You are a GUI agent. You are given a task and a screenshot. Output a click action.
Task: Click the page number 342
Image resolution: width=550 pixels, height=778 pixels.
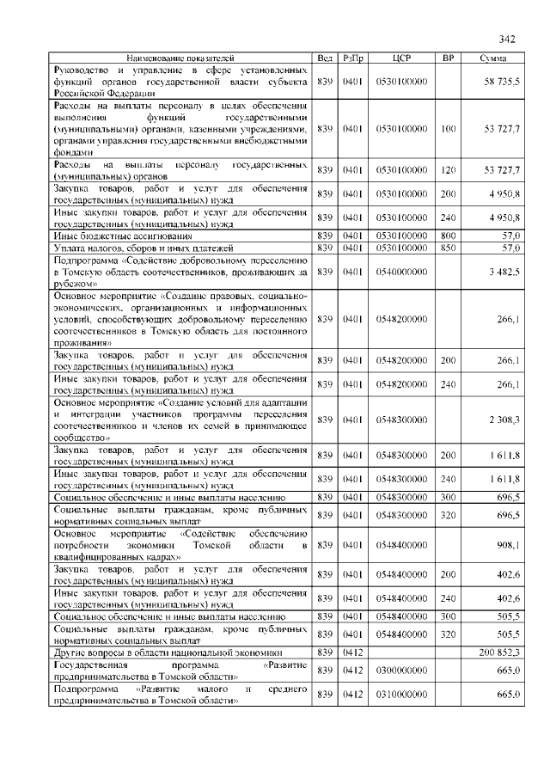click(x=506, y=39)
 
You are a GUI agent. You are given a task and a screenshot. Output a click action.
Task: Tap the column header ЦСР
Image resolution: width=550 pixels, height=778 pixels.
click(x=401, y=58)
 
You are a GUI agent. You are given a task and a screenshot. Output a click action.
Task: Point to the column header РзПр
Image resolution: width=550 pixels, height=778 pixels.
click(x=353, y=58)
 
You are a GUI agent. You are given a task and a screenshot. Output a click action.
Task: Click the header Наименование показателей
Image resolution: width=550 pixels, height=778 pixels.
click(x=180, y=58)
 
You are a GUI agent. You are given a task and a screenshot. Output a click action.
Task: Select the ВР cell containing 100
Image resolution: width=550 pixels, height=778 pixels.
click(x=447, y=128)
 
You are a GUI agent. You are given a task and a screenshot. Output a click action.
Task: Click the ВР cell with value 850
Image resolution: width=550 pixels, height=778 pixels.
click(x=447, y=248)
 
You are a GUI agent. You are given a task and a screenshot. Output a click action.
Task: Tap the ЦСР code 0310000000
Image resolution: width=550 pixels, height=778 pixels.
click(x=401, y=695)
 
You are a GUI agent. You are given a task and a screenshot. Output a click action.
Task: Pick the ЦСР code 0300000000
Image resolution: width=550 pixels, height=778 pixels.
click(x=401, y=670)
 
